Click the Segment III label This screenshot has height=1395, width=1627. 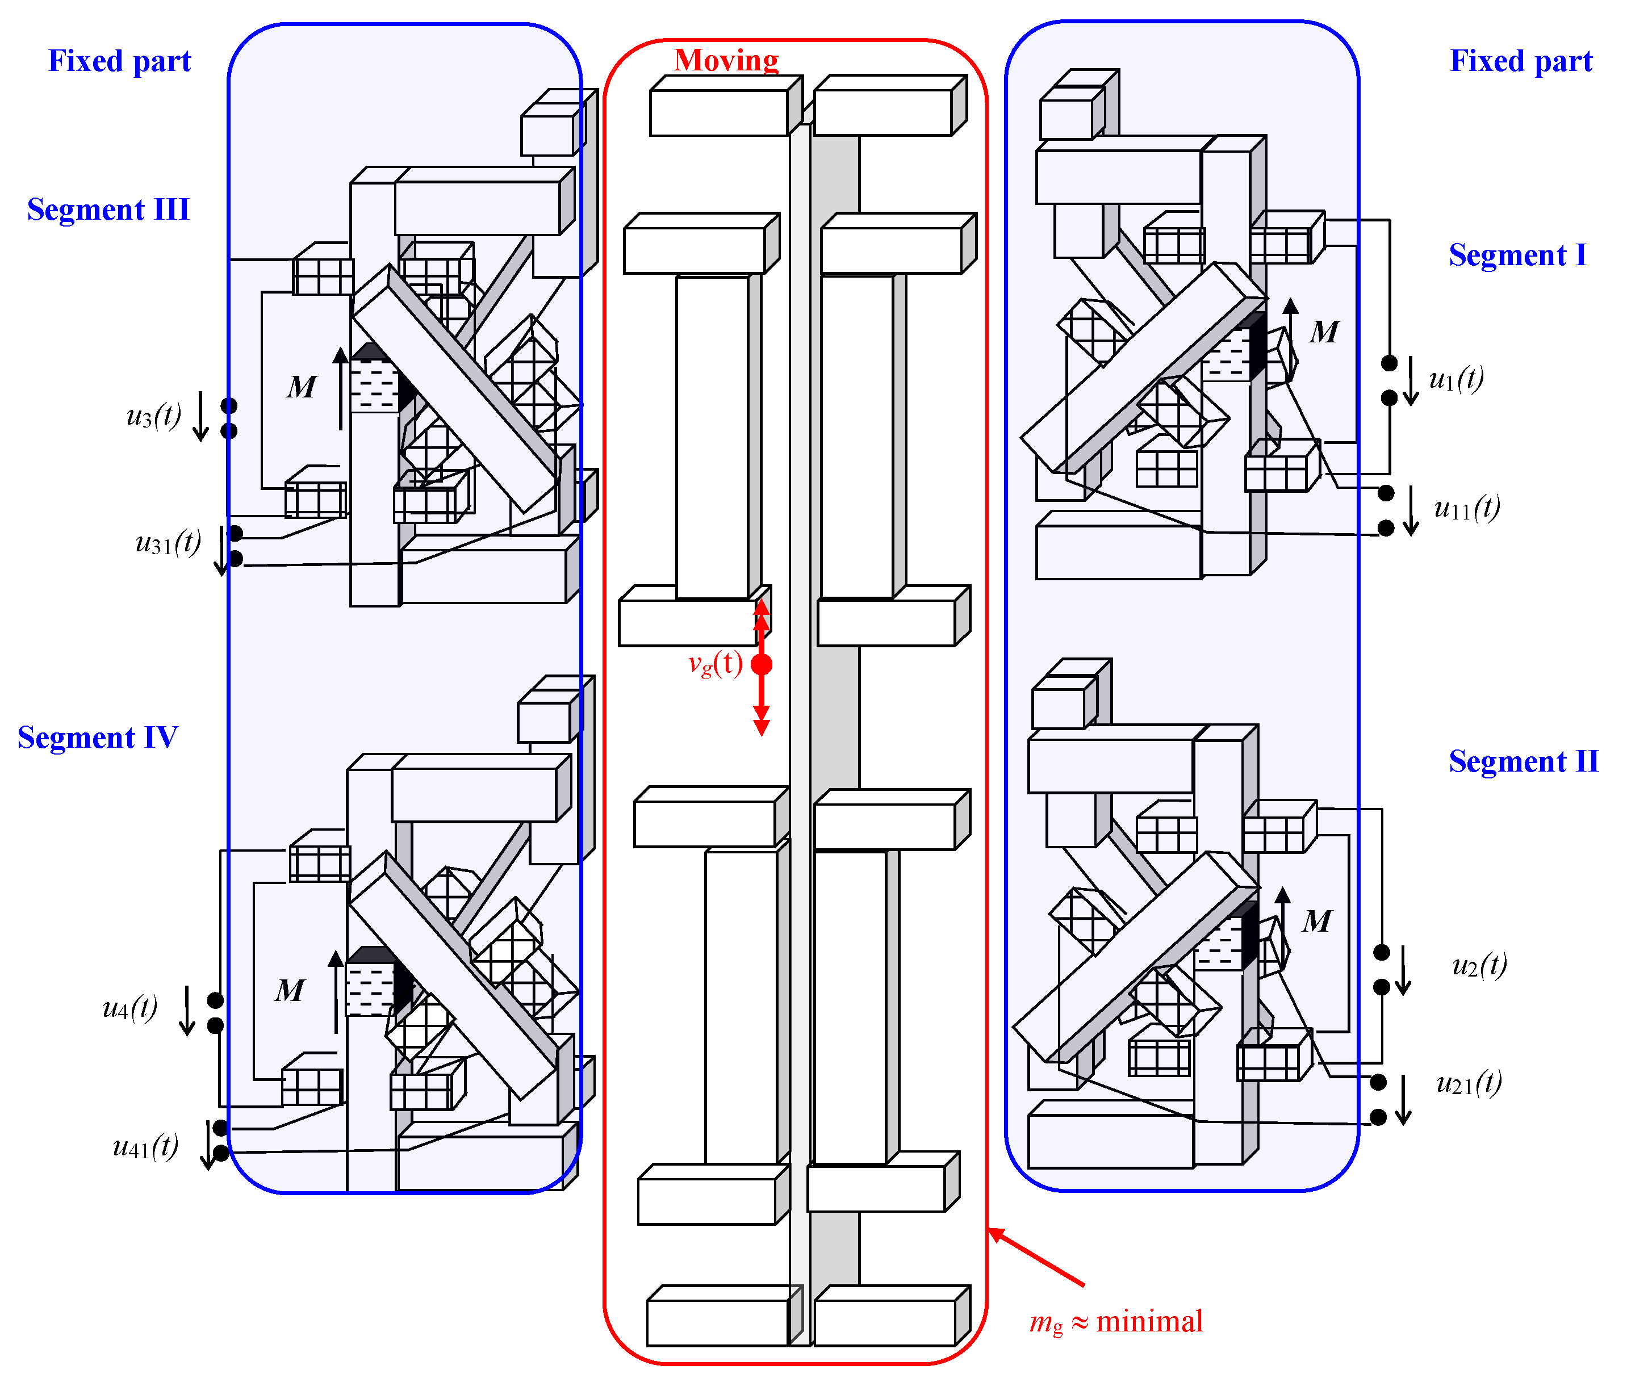click(108, 210)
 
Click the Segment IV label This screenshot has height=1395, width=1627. click(97, 738)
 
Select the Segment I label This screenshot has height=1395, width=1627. click(1517, 255)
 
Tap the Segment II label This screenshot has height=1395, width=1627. click(1523, 761)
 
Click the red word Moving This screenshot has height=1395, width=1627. click(726, 60)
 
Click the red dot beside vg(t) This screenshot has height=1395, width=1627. click(762, 665)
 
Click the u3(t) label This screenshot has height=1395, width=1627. click(154, 415)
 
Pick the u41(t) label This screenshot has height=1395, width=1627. click(146, 1147)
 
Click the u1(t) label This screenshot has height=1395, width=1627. click(1457, 379)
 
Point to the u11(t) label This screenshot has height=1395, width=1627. click(1467, 508)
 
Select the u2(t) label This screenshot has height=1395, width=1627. click(1479, 965)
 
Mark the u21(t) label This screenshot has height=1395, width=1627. click(1469, 1083)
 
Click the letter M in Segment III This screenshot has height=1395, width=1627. click(302, 387)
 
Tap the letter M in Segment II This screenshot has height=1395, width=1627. click(1317, 921)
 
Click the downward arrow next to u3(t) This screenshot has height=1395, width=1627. click(201, 416)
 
